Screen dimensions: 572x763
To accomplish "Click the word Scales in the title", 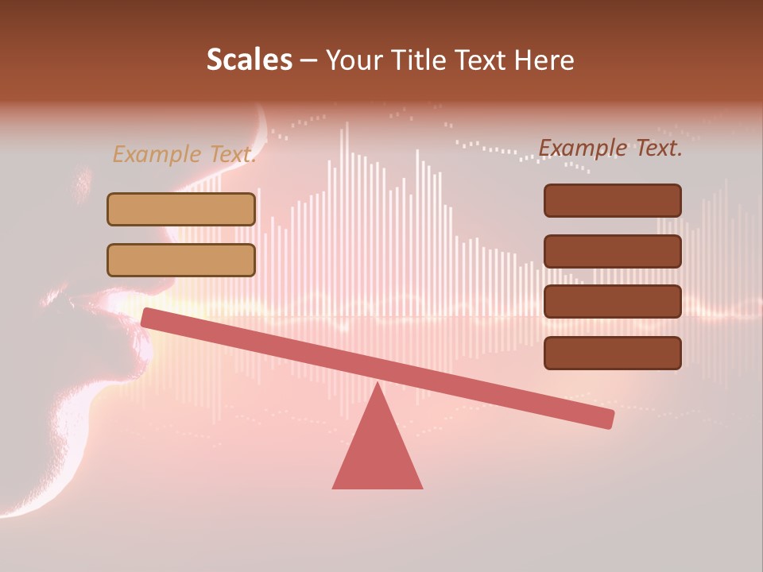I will click(249, 60).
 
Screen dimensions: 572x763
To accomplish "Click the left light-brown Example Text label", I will click(184, 154).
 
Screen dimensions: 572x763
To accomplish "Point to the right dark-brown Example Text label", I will click(610, 148).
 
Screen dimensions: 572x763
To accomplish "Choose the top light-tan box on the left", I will click(181, 209).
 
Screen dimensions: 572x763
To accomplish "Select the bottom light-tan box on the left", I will click(181, 260).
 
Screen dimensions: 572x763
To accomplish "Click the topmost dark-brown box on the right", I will click(612, 200).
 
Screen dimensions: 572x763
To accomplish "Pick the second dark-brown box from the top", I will click(612, 251).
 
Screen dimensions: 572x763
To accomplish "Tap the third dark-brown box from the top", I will click(612, 302).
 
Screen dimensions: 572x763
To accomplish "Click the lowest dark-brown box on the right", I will click(612, 353).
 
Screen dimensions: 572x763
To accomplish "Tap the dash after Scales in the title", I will click(309, 60).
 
